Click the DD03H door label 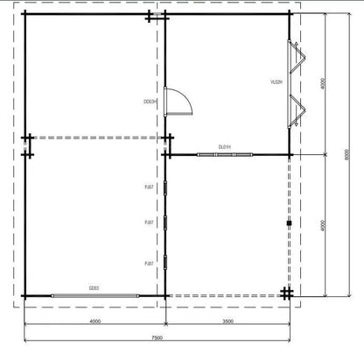tap(150, 102)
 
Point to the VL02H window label tap(276, 81)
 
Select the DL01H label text tap(225, 147)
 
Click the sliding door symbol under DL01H tap(226, 155)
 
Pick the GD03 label tap(93, 287)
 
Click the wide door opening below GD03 tap(94, 295)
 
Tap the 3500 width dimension tap(227, 321)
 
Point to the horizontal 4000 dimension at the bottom tap(94, 321)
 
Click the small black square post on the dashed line tap(288, 223)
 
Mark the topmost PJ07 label tap(150, 187)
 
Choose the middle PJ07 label tap(150, 223)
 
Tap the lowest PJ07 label tap(150, 263)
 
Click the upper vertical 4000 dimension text tap(322, 84)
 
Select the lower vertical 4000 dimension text tap(322, 224)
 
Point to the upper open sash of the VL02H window tap(298, 60)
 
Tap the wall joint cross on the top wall tap(150, 16)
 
